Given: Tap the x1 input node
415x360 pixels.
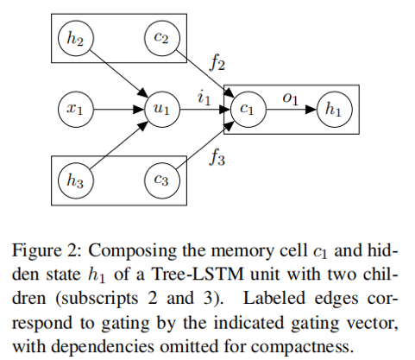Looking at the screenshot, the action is (x=76, y=110).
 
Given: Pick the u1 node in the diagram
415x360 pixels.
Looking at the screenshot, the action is (x=162, y=110).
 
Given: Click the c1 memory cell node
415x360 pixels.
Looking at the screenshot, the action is (x=248, y=110).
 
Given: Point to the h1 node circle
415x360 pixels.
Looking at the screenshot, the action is (x=335, y=110).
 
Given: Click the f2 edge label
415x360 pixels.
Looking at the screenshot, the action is (x=217, y=63).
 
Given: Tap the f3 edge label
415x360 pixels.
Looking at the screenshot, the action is (x=217, y=158).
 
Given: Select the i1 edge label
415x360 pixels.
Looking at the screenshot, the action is (x=204, y=98).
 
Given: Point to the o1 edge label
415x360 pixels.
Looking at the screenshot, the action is (x=290, y=98).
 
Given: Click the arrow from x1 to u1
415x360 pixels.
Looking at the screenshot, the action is (x=119, y=110).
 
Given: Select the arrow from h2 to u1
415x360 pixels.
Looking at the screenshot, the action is (x=119, y=74).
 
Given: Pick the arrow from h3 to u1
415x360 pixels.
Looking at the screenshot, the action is (x=119, y=145).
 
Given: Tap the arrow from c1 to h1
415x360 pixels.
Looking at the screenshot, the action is (x=292, y=110).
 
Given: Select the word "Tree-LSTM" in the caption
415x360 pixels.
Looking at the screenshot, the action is (x=198, y=275).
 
